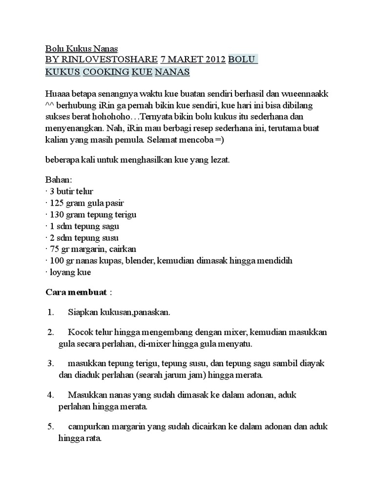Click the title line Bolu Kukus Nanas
[82, 49]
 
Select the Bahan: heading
[58, 180]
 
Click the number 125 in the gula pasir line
[58, 203]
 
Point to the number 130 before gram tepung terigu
[58, 215]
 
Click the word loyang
[63, 272]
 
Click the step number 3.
[50, 364]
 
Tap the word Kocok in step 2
[79, 332]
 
